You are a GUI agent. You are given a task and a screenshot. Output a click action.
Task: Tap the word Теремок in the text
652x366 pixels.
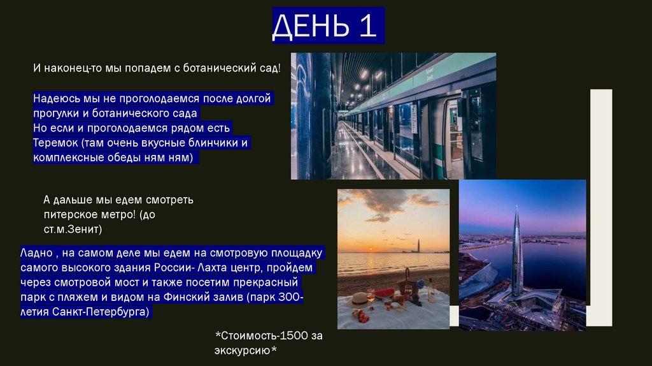point(55,142)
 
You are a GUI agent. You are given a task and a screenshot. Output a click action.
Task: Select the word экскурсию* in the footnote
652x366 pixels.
point(246,350)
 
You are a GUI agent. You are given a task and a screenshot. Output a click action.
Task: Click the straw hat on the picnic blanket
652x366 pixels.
point(360,299)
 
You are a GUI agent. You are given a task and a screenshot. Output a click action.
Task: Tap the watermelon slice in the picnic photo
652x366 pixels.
point(384,293)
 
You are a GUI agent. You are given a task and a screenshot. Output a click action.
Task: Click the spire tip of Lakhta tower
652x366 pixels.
point(516,209)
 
